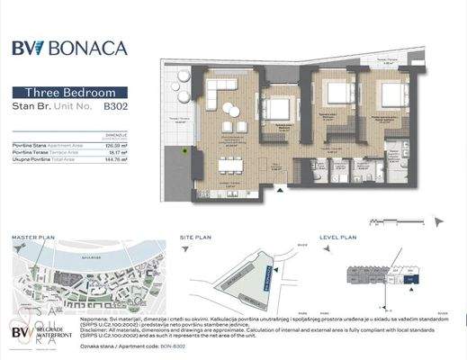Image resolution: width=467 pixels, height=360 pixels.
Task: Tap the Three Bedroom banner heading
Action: point(70,93)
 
